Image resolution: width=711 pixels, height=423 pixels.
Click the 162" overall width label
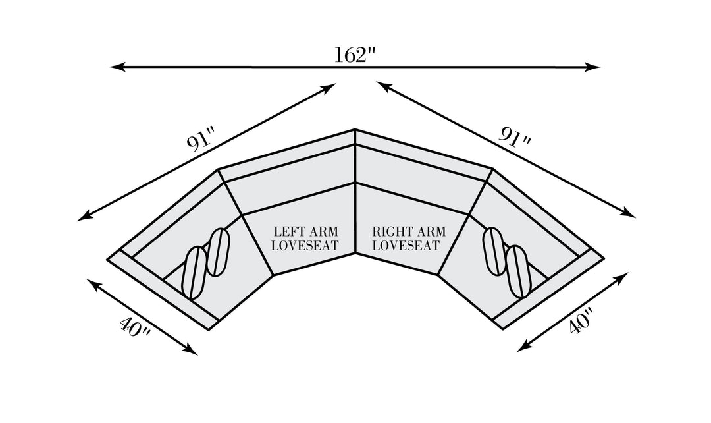[x=355, y=55]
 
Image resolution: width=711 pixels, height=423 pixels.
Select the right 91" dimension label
[x=515, y=136]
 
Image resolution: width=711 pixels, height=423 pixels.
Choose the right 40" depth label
[x=581, y=322]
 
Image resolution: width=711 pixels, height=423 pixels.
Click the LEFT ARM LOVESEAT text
[x=305, y=239]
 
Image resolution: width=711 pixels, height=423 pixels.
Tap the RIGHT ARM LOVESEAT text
[x=409, y=239]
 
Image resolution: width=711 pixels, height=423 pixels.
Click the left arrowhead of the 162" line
[x=117, y=67]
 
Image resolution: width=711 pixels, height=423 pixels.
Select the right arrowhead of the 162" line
[x=592, y=67]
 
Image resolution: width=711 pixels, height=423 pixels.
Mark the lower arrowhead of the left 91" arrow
[x=84, y=217]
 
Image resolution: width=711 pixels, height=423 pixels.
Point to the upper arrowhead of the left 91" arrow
[x=329, y=88]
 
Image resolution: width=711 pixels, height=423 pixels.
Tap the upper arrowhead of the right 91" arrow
[x=384, y=86]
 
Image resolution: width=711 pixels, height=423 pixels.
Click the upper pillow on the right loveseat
[x=494, y=250]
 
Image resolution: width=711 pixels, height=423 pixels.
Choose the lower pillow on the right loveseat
[x=519, y=271]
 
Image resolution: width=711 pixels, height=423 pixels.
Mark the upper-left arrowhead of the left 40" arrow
[x=94, y=284]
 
